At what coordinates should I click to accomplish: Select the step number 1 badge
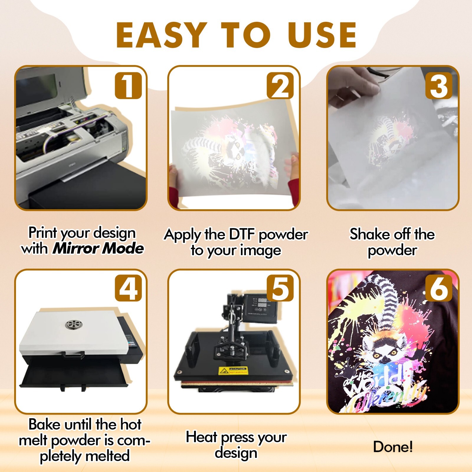coord(128,86)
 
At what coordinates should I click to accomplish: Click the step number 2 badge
coord(280,86)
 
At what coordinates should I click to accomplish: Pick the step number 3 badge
coord(439,86)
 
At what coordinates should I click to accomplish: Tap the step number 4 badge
coord(128,288)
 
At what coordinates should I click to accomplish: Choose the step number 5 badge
coord(280,288)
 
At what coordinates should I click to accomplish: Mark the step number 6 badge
coord(439,288)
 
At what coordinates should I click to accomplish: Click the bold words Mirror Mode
coord(98,248)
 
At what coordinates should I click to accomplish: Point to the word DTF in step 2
coord(242,235)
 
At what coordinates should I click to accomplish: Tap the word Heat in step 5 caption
coord(201,437)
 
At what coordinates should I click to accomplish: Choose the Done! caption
coord(393,447)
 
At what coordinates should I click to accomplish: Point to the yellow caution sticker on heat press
coord(233,371)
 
